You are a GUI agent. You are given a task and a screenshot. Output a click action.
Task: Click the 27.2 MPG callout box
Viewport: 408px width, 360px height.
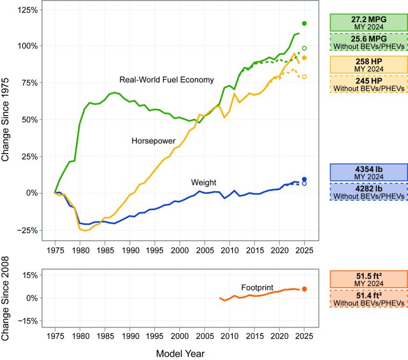click(x=368, y=22)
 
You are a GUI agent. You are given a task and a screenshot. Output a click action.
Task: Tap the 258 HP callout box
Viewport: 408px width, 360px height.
click(x=368, y=65)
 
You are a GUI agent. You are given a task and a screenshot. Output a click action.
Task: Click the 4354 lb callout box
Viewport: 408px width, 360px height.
click(x=368, y=173)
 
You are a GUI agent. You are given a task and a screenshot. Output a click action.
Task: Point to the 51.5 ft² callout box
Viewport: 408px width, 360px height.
click(x=368, y=280)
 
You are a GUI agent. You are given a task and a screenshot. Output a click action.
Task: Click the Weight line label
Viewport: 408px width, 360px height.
click(x=204, y=182)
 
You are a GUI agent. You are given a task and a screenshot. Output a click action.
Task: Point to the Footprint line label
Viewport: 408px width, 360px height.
click(x=257, y=287)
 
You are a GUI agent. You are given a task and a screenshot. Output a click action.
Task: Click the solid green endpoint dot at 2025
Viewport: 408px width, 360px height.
click(x=305, y=24)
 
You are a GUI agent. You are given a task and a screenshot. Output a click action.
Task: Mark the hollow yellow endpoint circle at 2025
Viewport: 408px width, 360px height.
click(x=305, y=76)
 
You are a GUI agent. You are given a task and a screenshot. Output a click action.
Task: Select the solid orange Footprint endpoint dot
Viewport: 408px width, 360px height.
click(x=305, y=289)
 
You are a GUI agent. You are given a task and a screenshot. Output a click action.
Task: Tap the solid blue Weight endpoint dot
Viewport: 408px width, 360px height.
click(x=305, y=180)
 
